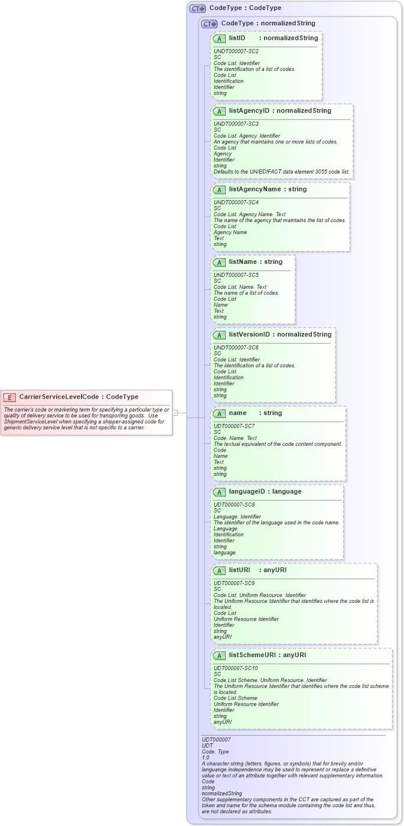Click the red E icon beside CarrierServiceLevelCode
coord(9,397)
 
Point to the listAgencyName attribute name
coord(255,190)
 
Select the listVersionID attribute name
coord(249,334)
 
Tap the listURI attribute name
coord(240,570)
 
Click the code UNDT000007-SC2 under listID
coord(236,51)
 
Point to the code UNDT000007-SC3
coord(236,124)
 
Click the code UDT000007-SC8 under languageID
coord(234,505)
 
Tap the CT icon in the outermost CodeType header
coord(197,8)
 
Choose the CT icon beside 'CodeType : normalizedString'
coord(210,24)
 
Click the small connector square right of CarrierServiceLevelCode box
coord(175,413)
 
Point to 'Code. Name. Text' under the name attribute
coord(235,438)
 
